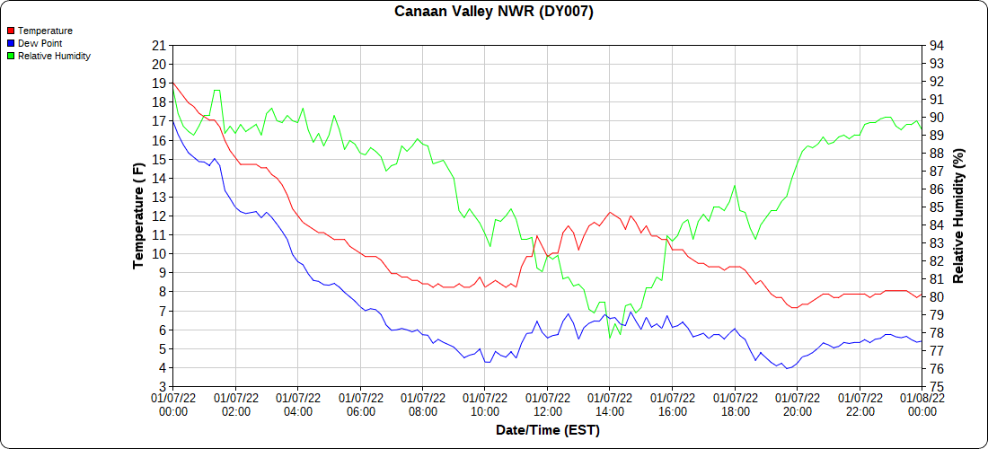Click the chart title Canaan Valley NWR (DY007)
tap(494, 12)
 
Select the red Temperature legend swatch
tap(11, 31)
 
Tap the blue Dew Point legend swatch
tap(11, 43)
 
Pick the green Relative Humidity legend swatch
tap(11, 56)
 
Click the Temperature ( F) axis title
tap(138, 216)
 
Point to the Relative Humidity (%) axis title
tap(958, 216)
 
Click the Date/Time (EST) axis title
tap(547, 430)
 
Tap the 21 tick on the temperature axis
tap(159, 45)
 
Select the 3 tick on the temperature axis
tap(163, 386)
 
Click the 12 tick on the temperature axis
tap(159, 216)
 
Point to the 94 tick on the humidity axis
tap(936, 45)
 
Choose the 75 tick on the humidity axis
tap(936, 386)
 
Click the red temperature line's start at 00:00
tap(172, 83)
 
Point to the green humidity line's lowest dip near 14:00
tap(611, 338)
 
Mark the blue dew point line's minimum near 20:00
tap(788, 368)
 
